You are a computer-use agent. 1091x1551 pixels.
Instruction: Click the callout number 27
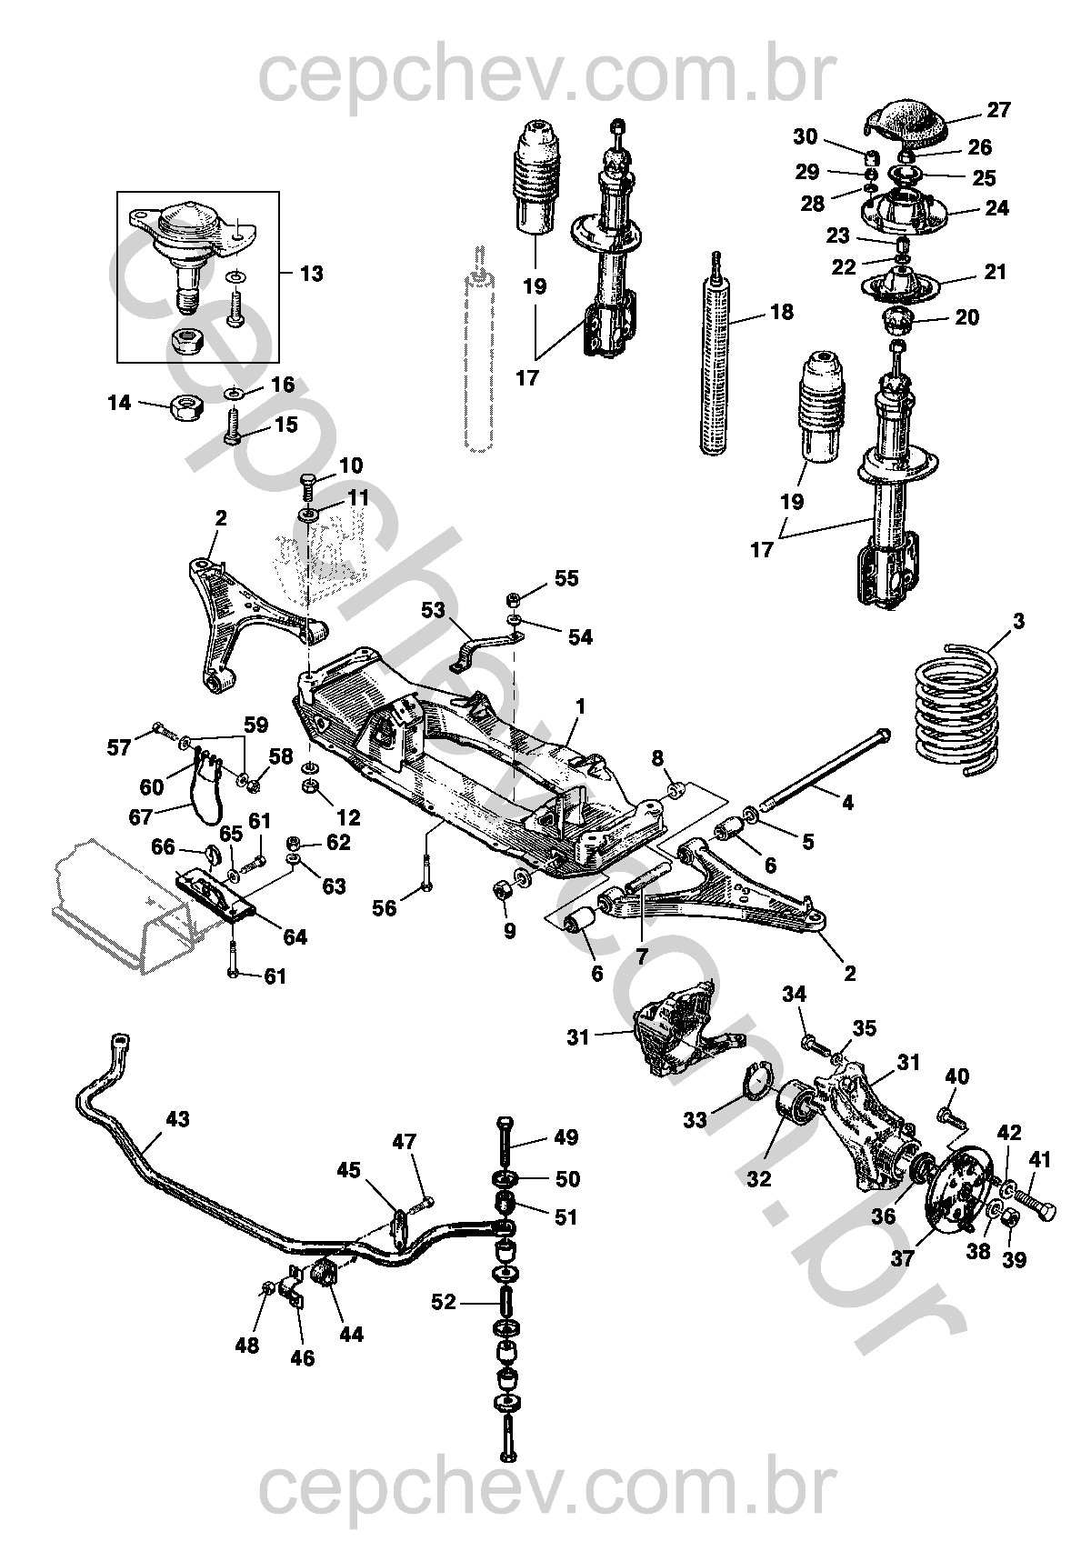coord(998,111)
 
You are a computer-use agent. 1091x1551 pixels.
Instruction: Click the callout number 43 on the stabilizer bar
coord(177,1119)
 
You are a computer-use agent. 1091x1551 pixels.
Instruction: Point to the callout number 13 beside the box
coord(311,274)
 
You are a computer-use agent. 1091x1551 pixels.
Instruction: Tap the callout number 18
coord(781,312)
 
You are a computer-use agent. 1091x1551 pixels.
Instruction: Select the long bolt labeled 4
coord(823,769)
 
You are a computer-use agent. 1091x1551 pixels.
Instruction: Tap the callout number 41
coord(1040,1159)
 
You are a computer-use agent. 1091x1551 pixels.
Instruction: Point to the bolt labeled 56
coord(427,873)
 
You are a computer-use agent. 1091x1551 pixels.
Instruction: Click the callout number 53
coord(435,610)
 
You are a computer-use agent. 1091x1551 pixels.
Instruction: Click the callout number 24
coord(996,207)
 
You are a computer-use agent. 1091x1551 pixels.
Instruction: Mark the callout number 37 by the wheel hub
coord(902,1258)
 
